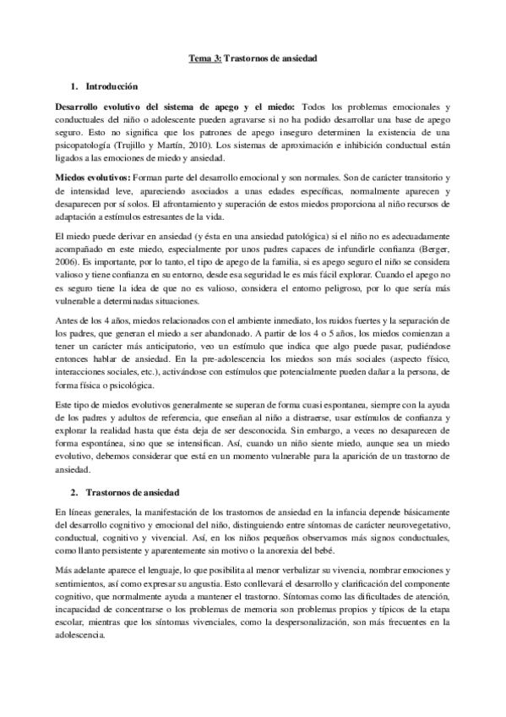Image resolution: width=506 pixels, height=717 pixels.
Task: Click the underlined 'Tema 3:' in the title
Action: click(204, 58)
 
